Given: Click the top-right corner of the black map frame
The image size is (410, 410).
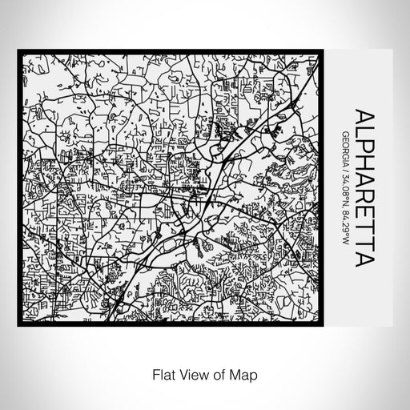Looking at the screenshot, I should pyautogui.click(x=324, y=52).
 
